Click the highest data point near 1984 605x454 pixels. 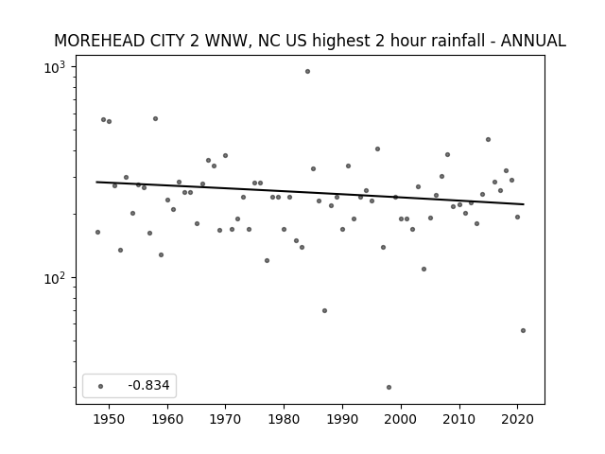pos(307,72)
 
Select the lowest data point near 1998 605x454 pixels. pos(389,387)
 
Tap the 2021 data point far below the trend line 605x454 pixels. pos(523,330)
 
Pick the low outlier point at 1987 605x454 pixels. pos(324,311)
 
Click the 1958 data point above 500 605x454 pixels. pos(155,119)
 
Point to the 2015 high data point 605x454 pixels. pos(488,140)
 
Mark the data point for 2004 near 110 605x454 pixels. pos(424,269)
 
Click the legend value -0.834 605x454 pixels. pos(148,385)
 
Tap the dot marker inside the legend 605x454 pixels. pos(100,386)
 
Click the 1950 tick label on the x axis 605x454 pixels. pos(110,419)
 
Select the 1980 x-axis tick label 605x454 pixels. pos(284,419)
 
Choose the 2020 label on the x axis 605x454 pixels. pos(517,419)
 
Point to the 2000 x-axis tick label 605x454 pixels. pos(401,419)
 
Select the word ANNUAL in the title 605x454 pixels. pos(533,41)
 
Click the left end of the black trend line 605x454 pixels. pos(96,182)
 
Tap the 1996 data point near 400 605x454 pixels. pos(377,149)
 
